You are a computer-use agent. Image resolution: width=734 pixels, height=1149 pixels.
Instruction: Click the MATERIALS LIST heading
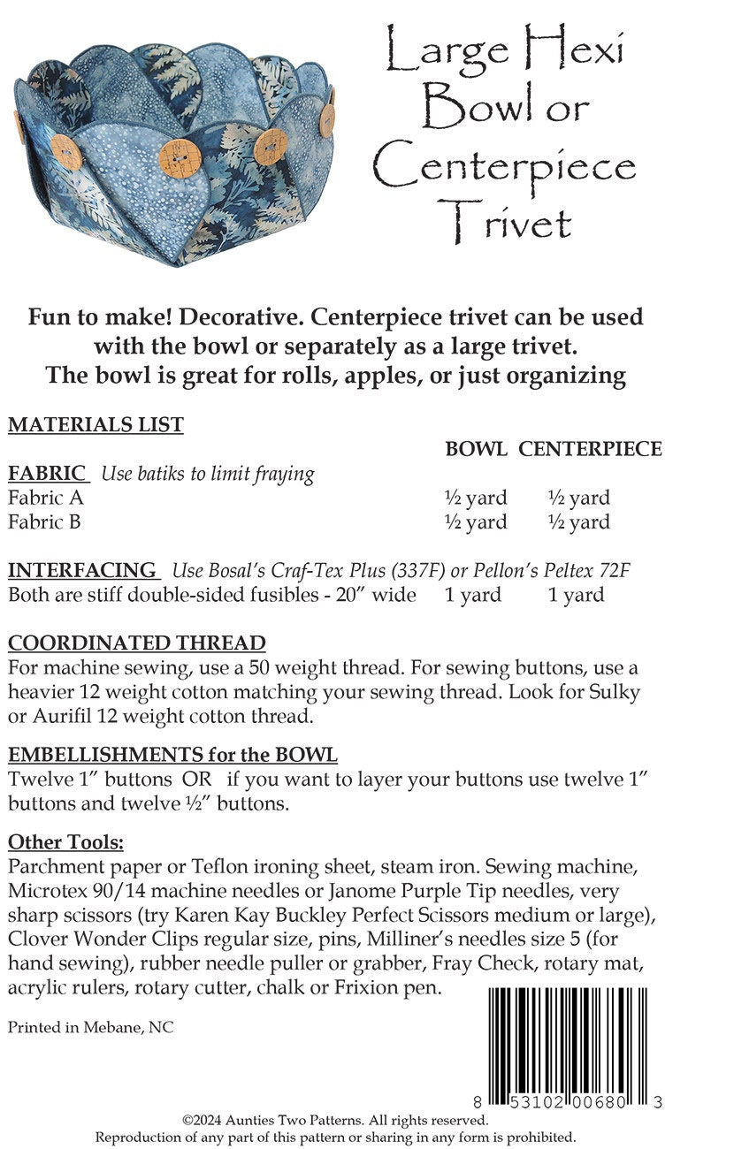pos(96,425)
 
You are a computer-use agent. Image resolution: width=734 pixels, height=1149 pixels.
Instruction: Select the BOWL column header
pos(476,449)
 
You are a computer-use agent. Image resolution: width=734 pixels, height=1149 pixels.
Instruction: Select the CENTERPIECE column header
pos(590,449)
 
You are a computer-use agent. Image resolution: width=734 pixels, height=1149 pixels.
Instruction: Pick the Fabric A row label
pos(46,498)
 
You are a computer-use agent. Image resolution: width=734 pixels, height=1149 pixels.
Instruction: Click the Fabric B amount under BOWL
pos(476,522)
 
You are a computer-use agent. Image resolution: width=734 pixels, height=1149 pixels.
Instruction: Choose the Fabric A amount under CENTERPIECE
pos(578,498)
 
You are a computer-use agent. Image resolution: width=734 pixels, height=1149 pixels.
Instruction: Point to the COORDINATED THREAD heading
pos(136,643)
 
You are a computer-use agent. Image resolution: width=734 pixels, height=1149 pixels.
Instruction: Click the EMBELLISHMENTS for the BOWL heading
pos(172,756)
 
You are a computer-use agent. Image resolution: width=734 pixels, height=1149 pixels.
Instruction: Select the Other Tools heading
pos(66,841)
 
